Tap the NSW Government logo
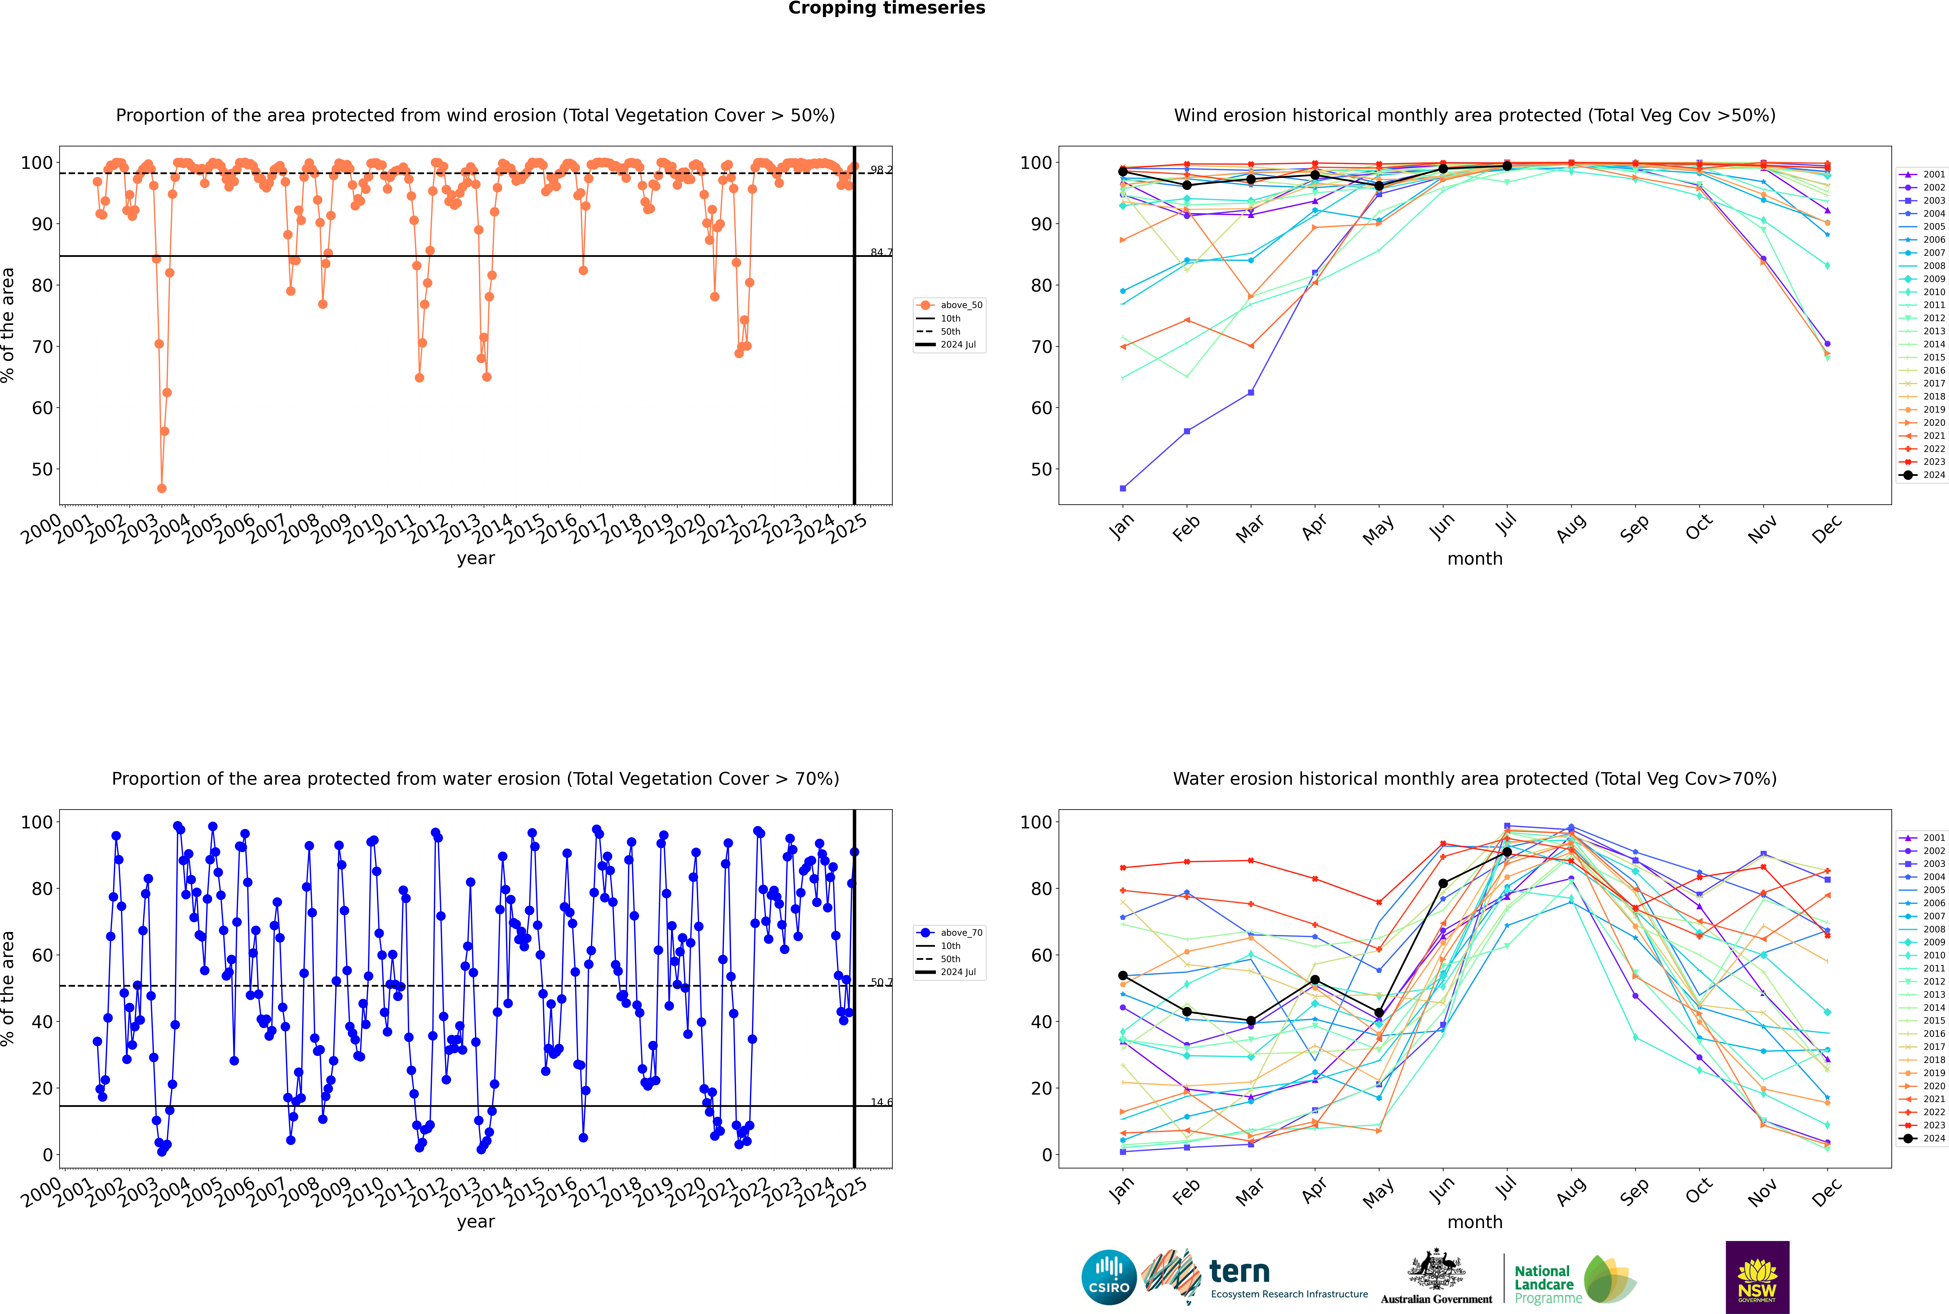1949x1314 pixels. [1757, 1276]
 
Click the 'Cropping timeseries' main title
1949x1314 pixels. [886, 8]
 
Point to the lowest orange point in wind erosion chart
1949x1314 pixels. [162, 489]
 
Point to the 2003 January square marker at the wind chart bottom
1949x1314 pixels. [1123, 489]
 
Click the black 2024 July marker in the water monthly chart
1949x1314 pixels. [1507, 852]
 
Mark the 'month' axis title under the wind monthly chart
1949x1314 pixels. [1475, 559]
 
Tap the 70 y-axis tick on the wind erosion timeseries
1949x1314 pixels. [42, 347]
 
